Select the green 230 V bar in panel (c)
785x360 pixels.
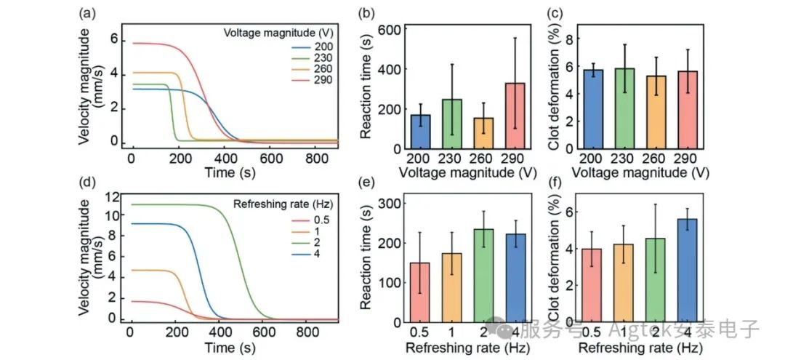pos(625,108)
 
